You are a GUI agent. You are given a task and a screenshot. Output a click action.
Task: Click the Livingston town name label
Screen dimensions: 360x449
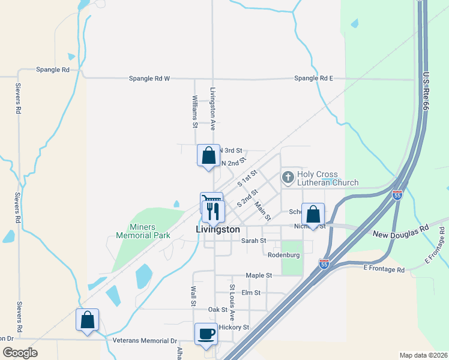pyautogui.click(x=218, y=230)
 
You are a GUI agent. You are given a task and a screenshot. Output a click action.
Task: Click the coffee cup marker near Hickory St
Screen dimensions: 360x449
pyautogui.click(x=206, y=334)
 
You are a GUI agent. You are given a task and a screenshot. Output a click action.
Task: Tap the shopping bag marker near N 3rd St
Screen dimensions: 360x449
pyautogui.click(x=208, y=156)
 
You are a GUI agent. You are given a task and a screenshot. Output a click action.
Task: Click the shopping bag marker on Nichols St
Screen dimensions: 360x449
pyautogui.click(x=313, y=214)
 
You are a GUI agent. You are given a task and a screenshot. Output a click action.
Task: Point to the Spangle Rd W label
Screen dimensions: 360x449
pyautogui.click(x=150, y=79)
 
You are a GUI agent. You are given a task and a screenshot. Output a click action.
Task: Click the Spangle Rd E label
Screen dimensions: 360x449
pyautogui.click(x=313, y=79)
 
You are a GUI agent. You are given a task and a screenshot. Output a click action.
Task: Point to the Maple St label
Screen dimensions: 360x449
pyautogui.click(x=259, y=275)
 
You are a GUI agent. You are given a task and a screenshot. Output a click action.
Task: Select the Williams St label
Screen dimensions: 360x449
pyautogui.click(x=195, y=112)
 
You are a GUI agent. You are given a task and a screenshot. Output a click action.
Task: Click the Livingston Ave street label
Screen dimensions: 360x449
pyautogui.click(x=212, y=109)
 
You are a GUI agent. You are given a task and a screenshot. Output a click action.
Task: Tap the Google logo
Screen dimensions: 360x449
pyautogui.click(x=20, y=353)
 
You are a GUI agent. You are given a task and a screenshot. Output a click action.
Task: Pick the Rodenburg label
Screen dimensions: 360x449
pyautogui.click(x=283, y=255)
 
